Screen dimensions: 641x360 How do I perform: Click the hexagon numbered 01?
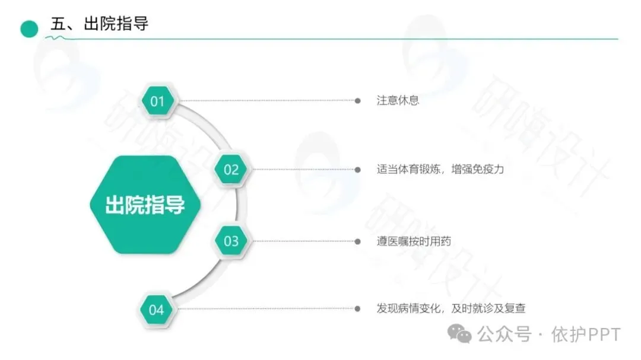[157, 101]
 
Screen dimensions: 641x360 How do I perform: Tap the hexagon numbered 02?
[231, 170]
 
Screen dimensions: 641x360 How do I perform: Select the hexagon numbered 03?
[231, 241]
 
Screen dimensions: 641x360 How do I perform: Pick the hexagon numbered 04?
[156, 310]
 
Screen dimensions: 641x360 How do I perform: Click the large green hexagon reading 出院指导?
[145, 205]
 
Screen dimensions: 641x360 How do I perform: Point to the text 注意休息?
[398, 100]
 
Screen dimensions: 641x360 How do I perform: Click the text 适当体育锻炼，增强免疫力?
[440, 169]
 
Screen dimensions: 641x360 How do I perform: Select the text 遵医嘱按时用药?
[414, 241]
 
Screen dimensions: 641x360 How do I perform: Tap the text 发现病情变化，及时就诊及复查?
[451, 308]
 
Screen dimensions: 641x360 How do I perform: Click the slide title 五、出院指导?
[99, 24]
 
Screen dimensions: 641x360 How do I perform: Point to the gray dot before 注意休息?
[357, 101]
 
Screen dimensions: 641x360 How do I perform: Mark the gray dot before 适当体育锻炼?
[357, 170]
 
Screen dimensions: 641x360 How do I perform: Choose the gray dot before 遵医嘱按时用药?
[357, 241]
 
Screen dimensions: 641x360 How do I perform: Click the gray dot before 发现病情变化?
[357, 309]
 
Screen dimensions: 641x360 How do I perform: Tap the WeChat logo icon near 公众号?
[460, 334]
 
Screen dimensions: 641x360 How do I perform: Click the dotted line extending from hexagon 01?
[267, 101]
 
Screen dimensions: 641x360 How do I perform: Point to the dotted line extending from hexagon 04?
[267, 309]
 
